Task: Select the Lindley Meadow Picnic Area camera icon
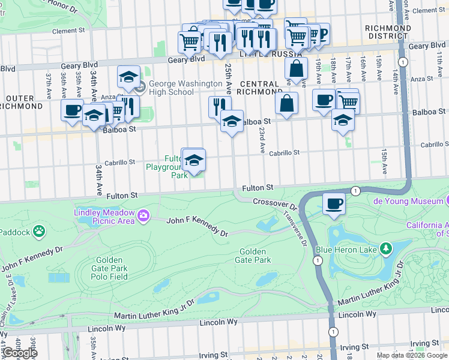pos(143,215)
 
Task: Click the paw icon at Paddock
pos(39,230)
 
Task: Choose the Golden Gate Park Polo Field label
pos(109,268)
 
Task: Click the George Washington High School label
pos(171,88)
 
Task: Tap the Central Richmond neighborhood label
pos(259,88)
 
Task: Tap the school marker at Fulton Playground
pos(194,160)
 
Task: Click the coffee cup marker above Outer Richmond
pos(72,110)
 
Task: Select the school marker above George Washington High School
pos(128,77)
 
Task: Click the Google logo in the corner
pos(19,352)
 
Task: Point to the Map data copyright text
pos(412,355)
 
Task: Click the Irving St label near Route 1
pos(354,347)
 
